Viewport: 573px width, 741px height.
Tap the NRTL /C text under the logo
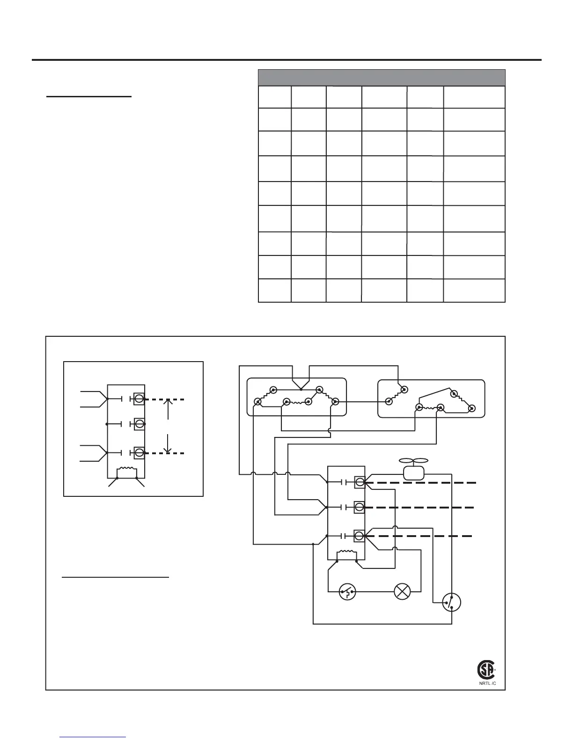point(486,683)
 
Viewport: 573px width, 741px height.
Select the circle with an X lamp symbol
point(402,591)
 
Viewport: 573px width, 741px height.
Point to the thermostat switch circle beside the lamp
point(347,592)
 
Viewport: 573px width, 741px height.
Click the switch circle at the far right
point(451,602)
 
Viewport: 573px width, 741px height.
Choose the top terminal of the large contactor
point(360,481)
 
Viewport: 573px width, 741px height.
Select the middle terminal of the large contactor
point(360,507)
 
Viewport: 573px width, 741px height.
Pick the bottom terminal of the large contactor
point(360,535)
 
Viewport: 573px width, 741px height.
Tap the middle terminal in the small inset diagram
point(139,424)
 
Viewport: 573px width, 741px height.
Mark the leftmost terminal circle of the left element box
point(257,401)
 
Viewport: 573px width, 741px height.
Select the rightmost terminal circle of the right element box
point(472,408)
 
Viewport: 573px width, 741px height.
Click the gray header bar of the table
point(382,77)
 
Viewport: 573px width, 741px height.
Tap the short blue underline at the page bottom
point(93,737)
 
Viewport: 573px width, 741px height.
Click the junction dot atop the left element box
point(301,389)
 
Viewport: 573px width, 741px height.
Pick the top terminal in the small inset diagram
point(139,399)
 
